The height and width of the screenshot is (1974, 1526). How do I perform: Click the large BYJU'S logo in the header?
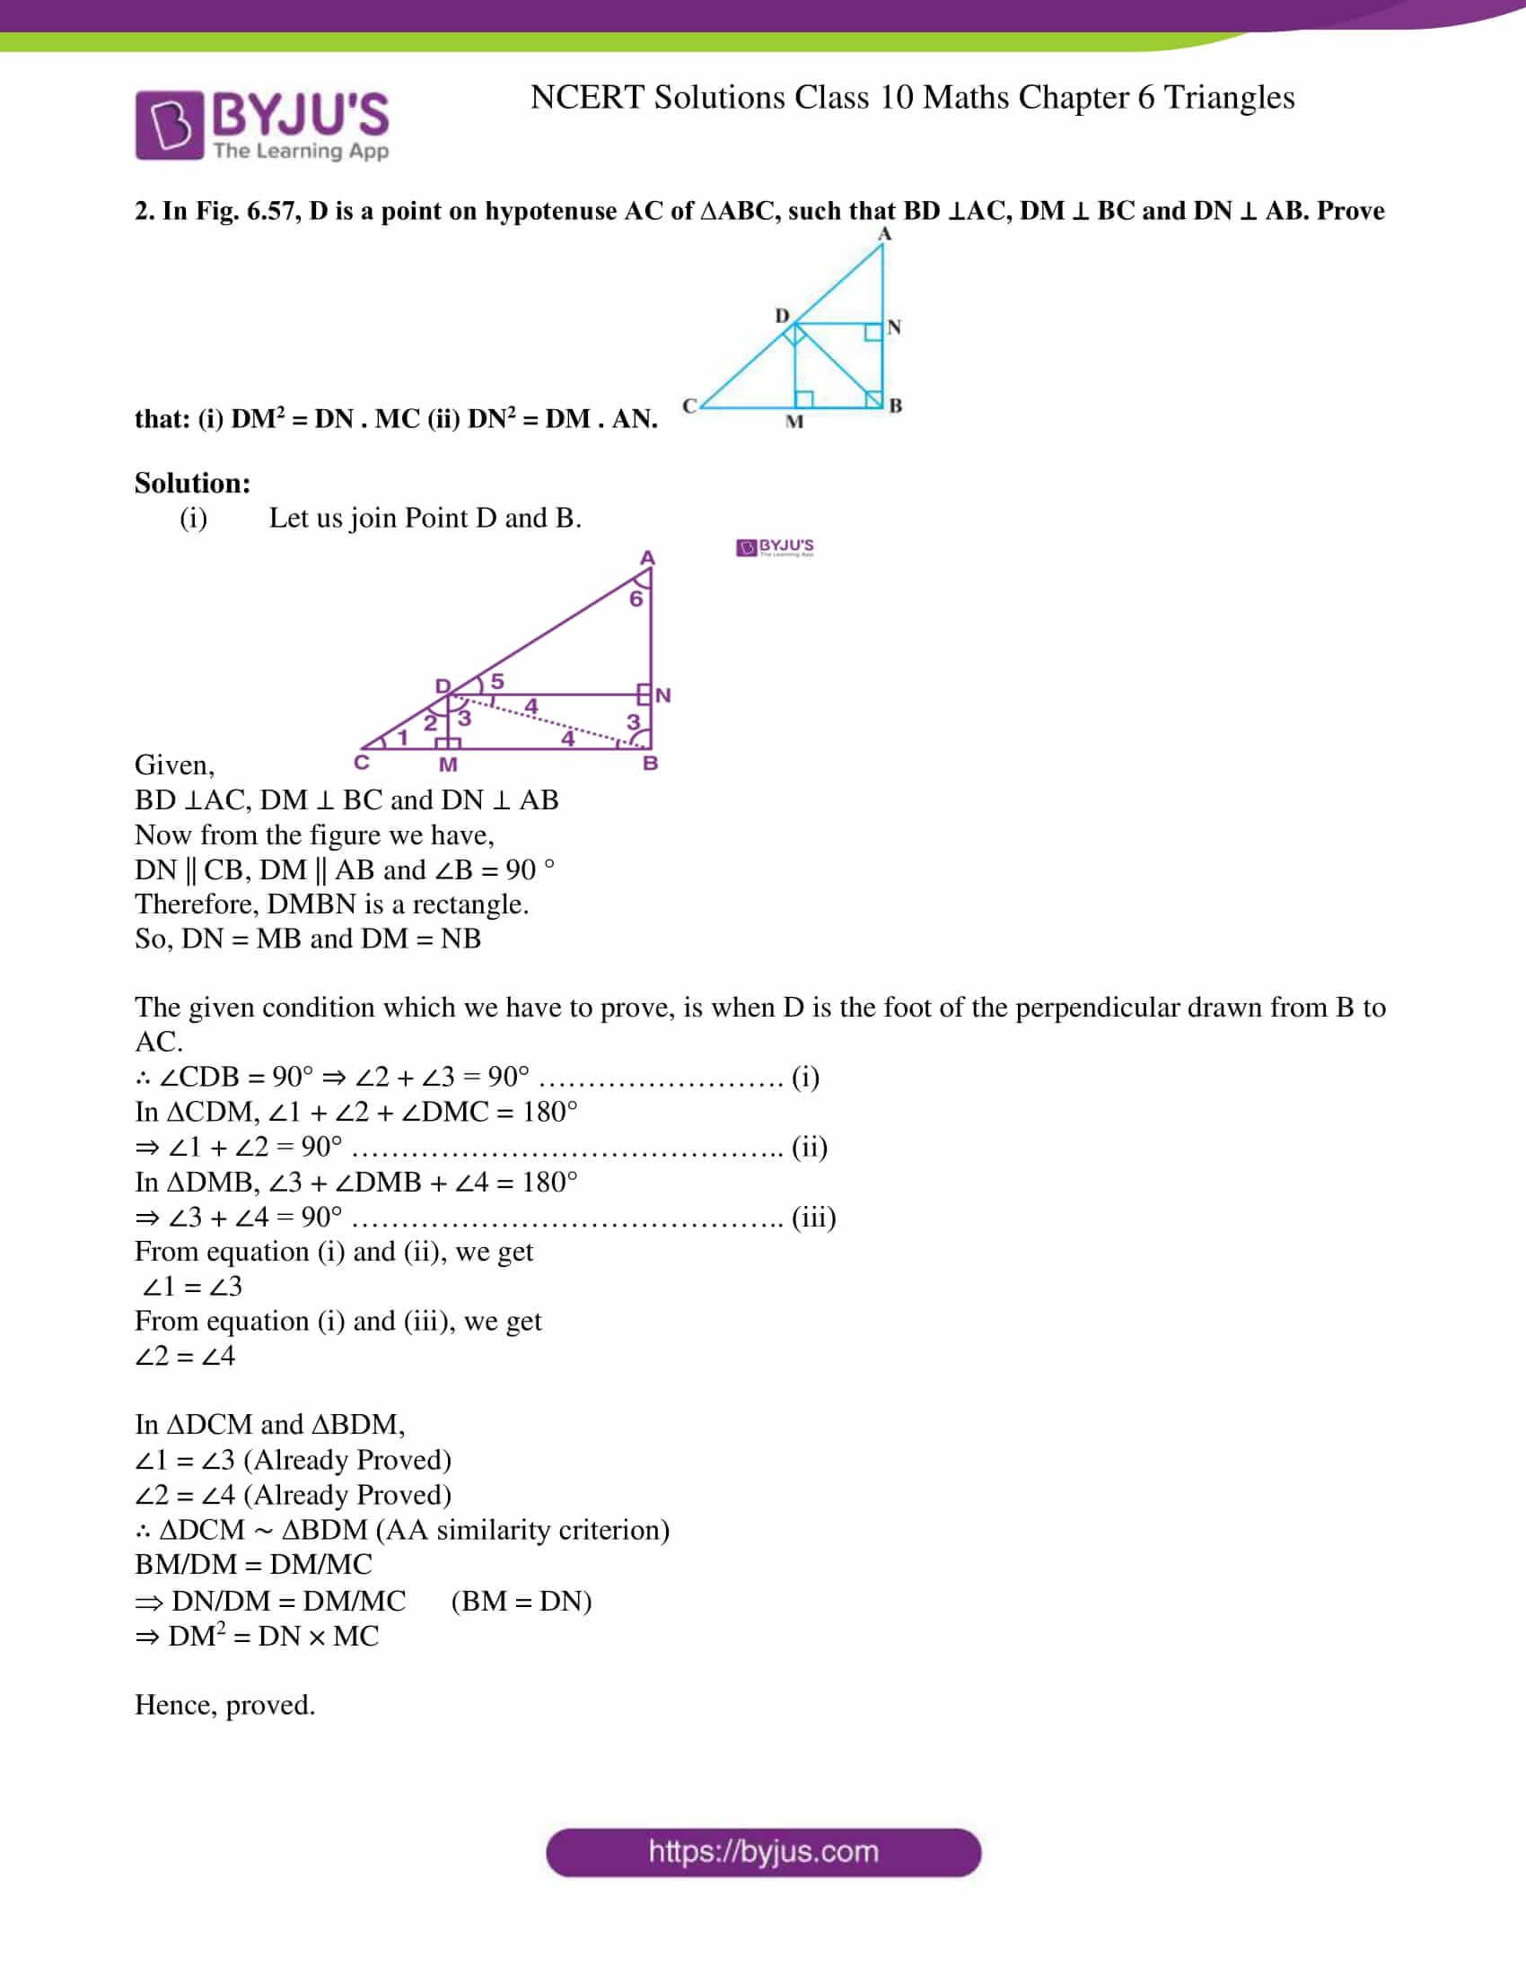[x=261, y=125]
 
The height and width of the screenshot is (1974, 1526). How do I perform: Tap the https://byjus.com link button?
[x=763, y=1852]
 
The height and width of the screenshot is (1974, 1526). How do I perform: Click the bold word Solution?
[x=193, y=484]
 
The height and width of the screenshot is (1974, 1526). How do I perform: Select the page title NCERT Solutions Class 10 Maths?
[x=911, y=98]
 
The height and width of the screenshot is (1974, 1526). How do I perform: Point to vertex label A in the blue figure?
[x=885, y=234]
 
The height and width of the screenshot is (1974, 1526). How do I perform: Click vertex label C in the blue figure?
[x=689, y=406]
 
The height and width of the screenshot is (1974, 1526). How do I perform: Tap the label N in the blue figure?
[x=894, y=328]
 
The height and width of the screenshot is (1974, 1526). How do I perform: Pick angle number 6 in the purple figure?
[x=636, y=599]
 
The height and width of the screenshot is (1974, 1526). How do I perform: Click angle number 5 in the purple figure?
[x=497, y=681]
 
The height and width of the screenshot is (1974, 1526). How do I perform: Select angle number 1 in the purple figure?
[x=402, y=738]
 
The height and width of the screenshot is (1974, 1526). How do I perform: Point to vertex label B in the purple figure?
[x=650, y=764]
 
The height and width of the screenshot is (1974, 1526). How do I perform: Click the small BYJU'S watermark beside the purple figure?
[x=775, y=547]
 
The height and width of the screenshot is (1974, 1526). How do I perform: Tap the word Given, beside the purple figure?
[x=174, y=765]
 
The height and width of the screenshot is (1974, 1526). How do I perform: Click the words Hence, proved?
[x=225, y=1705]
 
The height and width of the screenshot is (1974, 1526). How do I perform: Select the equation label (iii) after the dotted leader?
[x=813, y=1218]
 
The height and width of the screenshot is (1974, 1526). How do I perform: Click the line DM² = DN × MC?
[x=258, y=1636]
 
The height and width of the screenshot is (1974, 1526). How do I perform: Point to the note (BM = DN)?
[x=522, y=1602]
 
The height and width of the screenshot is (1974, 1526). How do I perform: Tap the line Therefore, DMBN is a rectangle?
[x=332, y=904]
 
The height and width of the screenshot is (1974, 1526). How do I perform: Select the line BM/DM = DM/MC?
[x=253, y=1565]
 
